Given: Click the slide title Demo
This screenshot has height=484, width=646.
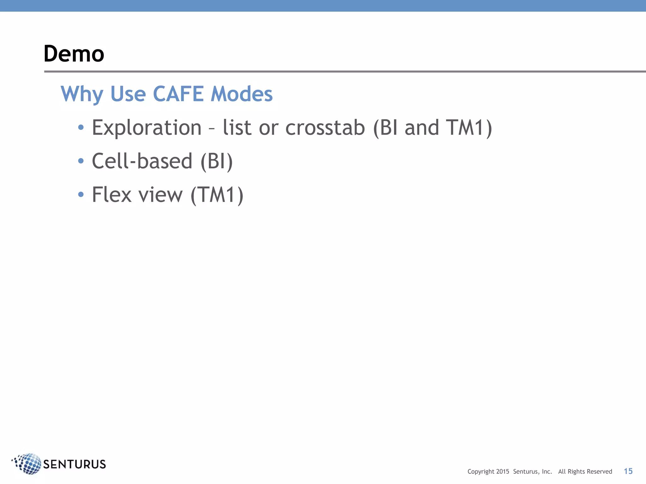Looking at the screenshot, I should [74, 54].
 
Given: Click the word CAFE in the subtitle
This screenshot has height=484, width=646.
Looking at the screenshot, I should [178, 94].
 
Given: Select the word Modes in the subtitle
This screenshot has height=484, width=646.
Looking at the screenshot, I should [241, 94].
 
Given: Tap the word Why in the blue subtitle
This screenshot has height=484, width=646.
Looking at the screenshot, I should [82, 95].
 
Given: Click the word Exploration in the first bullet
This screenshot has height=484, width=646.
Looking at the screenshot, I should [147, 128].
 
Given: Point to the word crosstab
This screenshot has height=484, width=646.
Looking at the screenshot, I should [325, 128].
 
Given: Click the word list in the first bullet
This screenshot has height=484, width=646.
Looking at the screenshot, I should [237, 128].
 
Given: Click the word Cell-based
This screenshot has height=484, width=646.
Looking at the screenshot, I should [142, 161].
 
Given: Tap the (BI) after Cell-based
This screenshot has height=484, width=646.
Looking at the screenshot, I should [217, 161].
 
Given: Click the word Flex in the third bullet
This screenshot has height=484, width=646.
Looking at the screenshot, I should [111, 194].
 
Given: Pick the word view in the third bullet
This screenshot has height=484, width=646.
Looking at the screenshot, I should [161, 195].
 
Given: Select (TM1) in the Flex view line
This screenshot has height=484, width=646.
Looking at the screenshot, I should [217, 195].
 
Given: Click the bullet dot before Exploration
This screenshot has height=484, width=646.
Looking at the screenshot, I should [81, 127].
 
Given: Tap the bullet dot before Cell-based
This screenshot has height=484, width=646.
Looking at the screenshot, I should [81, 161].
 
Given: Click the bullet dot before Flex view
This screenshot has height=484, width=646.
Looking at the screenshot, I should [81, 194].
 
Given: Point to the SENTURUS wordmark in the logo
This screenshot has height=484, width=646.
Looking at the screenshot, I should [74, 464].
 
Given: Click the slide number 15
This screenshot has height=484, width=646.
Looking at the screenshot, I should [628, 471].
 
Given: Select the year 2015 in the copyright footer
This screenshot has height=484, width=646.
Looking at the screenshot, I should [502, 472].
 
